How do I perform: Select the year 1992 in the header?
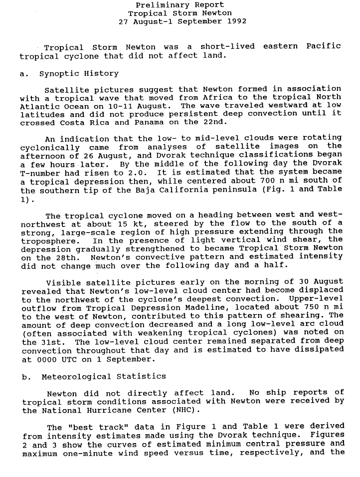tap(236, 21)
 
